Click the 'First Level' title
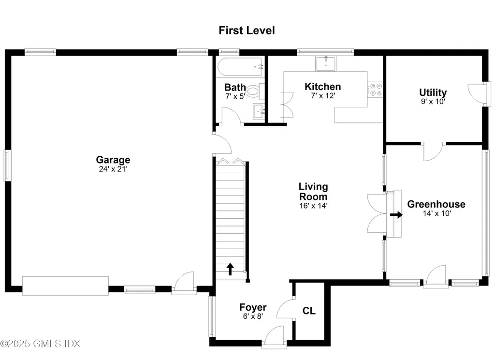[247, 30]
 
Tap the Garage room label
[113, 160]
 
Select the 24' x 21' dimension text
[113, 169]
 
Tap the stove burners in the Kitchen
[375, 90]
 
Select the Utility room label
[433, 92]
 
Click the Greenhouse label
[436, 204]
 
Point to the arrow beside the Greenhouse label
[396, 214]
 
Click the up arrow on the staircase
[230, 269]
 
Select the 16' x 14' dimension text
[313, 205]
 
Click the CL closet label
[309, 311]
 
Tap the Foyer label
[253, 307]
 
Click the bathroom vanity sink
[259, 111]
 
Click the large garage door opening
[65, 285]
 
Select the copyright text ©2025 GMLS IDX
[40, 344]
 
